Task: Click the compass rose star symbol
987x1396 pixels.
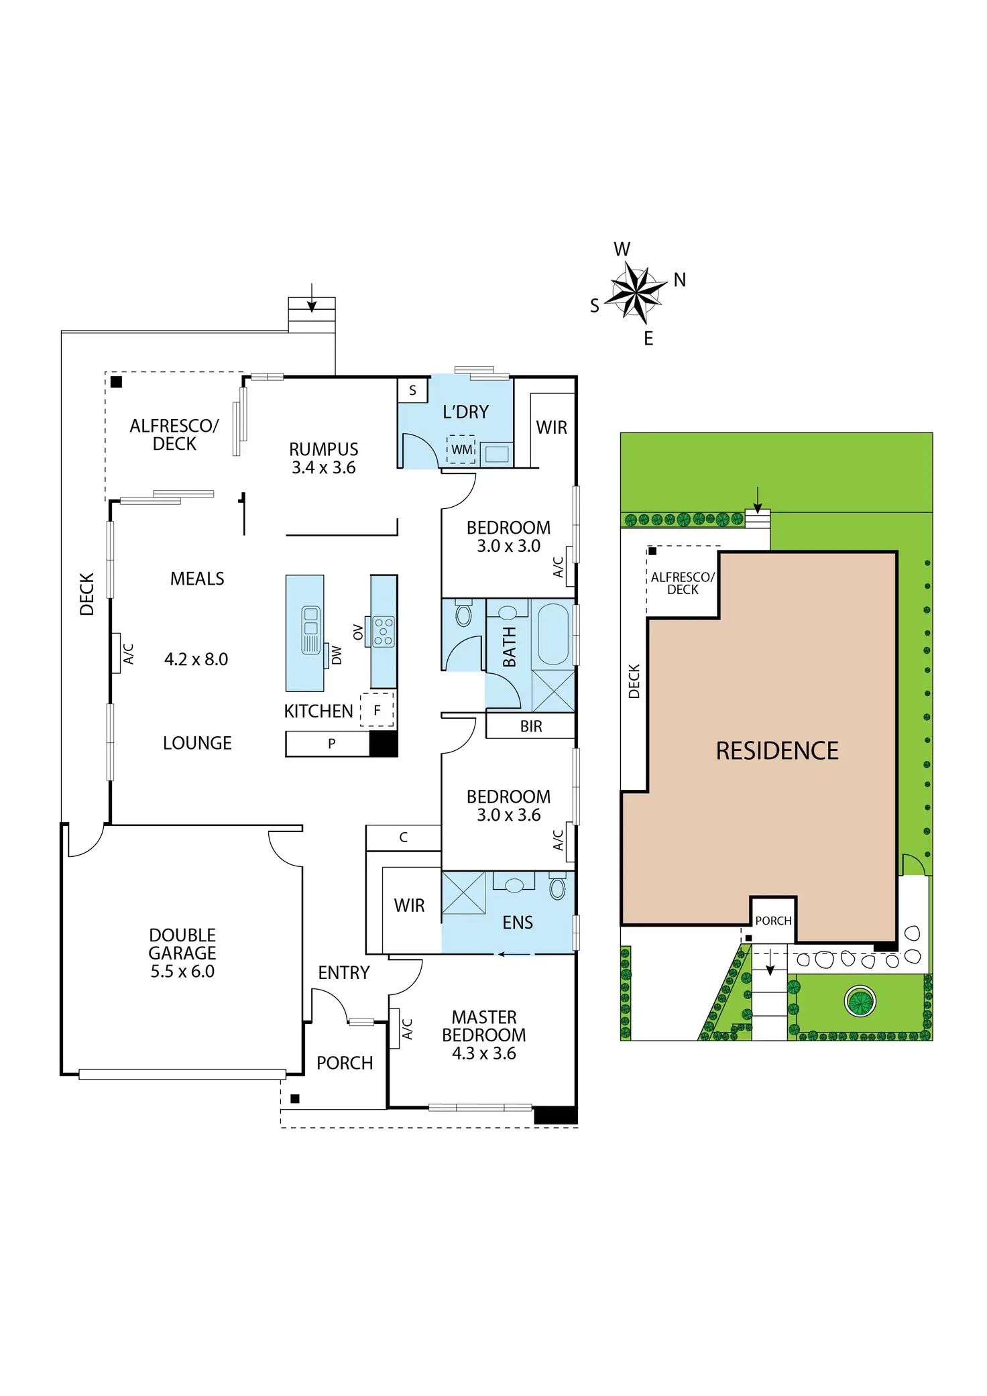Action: click(635, 292)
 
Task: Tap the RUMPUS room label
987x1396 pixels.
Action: click(323, 449)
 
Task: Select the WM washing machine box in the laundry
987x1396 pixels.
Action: click(461, 449)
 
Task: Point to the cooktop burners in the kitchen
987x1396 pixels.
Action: click(384, 632)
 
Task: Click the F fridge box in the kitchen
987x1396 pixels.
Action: click(377, 710)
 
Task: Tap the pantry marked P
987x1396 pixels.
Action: click(331, 744)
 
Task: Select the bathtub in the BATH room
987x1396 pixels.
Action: click(553, 634)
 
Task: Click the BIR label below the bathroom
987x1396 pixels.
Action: click(530, 726)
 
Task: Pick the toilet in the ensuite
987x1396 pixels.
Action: click(557, 888)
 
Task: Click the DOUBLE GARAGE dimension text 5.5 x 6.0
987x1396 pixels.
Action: click(182, 972)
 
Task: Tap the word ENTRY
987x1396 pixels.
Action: click(343, 972)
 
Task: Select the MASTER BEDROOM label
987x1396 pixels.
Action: click(483, 1026)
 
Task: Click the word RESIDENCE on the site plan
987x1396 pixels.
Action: click(777, 751)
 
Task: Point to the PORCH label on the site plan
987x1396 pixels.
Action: click(773, 921)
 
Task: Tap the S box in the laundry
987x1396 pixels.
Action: click(412, 390)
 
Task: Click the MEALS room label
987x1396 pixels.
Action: click(197, 579)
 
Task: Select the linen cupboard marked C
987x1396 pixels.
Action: click(403, 837)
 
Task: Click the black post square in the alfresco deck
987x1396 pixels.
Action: click(116, 382)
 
